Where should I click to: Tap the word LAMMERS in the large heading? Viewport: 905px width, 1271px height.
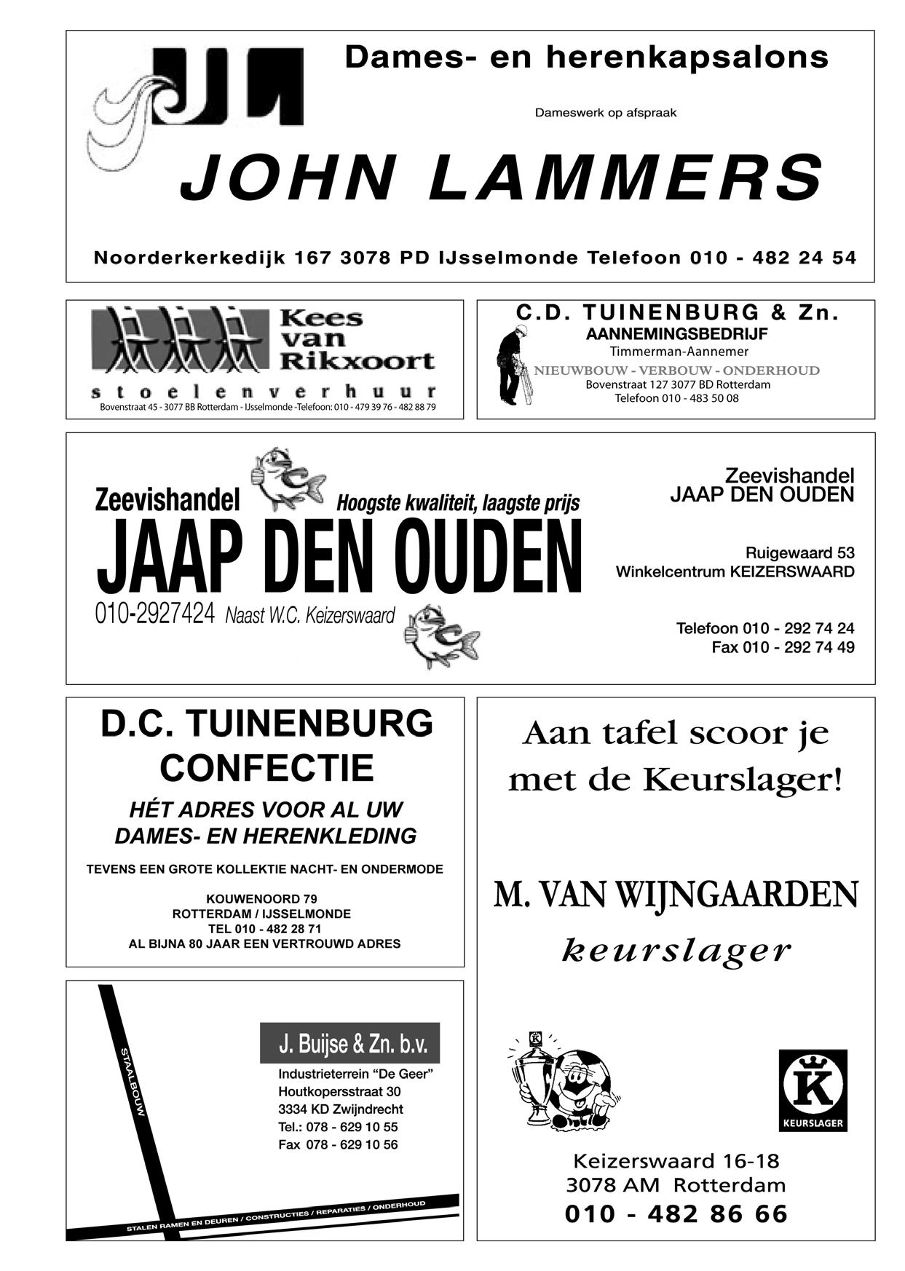[625, 178]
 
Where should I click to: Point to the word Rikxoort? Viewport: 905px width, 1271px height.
[357, 360]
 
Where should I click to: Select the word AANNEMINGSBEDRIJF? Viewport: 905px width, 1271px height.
[676, 335]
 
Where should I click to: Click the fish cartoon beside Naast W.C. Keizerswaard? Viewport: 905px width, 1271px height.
[441, 635]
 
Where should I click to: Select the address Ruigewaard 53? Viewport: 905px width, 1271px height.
[799, 553]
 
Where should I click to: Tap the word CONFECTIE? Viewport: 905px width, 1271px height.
[266, 768]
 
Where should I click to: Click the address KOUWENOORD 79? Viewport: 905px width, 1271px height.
[261, 898]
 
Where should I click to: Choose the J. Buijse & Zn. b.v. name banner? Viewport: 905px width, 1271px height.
[349, 1044]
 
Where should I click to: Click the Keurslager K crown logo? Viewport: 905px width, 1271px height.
[813, 1090]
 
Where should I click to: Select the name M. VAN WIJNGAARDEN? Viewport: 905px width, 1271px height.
[676, 895]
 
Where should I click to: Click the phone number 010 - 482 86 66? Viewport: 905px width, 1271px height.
[676, 1213]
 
